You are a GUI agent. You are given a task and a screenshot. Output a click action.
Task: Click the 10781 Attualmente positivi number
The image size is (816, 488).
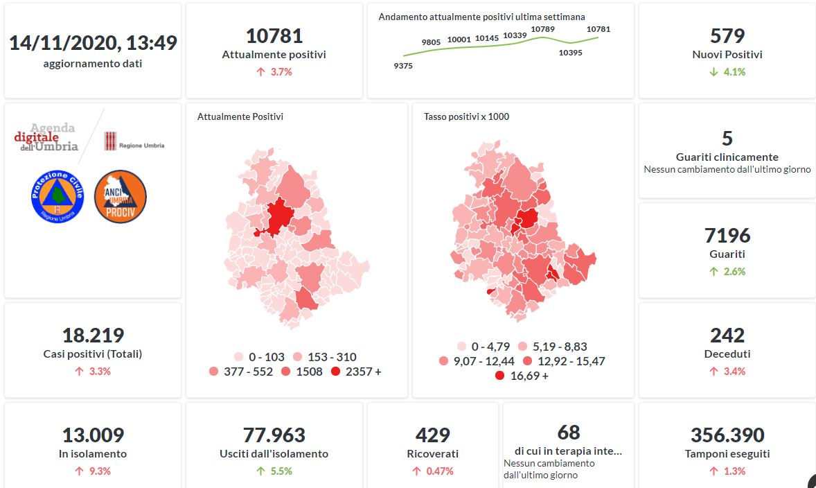(274, 36)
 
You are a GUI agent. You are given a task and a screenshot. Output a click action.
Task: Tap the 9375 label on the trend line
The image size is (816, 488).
(402, 66)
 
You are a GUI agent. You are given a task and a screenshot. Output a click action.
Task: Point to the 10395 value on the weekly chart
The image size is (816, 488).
(570, 53)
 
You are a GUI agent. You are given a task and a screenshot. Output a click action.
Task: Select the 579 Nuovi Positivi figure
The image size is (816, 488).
(727, 36)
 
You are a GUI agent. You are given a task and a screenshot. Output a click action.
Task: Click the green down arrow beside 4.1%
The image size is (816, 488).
(713, 71)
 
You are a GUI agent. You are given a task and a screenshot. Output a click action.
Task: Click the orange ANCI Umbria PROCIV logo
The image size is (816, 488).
(120, 196)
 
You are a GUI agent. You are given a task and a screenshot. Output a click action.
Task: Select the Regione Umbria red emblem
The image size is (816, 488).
(110, 141)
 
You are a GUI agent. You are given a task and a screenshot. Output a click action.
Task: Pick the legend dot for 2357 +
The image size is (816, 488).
(336, 372)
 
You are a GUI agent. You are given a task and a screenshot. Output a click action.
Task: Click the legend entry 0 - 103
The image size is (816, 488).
(259, 357)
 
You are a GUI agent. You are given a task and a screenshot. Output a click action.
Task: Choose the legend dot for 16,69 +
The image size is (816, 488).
(499, 376)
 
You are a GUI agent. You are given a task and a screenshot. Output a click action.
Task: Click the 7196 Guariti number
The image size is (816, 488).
(727, 236)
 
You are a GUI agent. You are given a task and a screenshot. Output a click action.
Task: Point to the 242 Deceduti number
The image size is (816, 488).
(727, 335)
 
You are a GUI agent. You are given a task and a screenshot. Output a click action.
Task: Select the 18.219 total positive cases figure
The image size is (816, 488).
(93, 335)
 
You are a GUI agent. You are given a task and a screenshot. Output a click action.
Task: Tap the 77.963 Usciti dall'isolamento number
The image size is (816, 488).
(274, 435)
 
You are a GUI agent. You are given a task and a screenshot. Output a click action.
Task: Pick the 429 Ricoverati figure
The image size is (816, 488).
(432, 435)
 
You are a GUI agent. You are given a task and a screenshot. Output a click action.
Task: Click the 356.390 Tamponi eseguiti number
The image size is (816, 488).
(727, 435)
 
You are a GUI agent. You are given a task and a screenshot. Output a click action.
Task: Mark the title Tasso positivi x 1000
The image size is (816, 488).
(466, 116)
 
